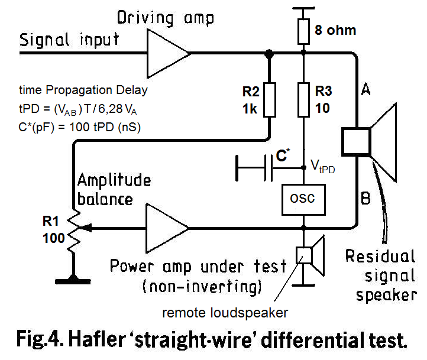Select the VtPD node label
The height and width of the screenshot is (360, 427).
coord(324,167)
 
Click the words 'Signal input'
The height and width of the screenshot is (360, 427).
coord(69,40)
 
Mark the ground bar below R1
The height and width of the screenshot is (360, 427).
coord(75,278)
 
